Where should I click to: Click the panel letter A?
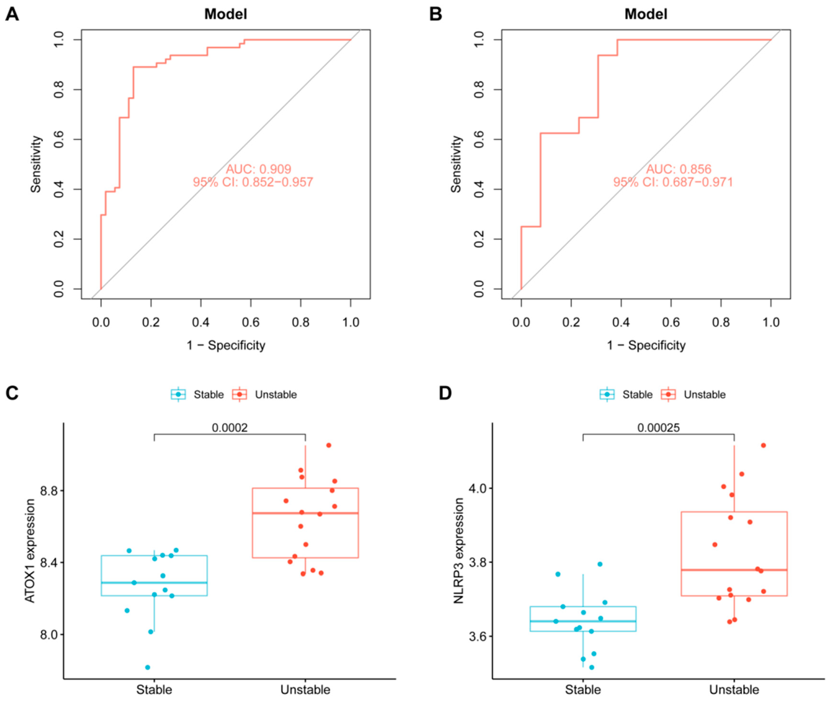tap(12, 15)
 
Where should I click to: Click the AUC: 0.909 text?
tap(259, 169)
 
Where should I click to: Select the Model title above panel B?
tap(646, 14)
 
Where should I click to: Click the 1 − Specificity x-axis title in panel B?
tap(646, 345)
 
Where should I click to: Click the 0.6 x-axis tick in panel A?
tap(251, 322)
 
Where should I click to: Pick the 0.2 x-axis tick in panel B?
tap(571, 322)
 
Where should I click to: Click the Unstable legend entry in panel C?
tap(275, 395)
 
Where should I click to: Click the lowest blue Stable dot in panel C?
tap(148, 667)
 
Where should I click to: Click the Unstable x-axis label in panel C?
tap(305, 690)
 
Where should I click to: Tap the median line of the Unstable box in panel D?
tap(734, 570)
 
